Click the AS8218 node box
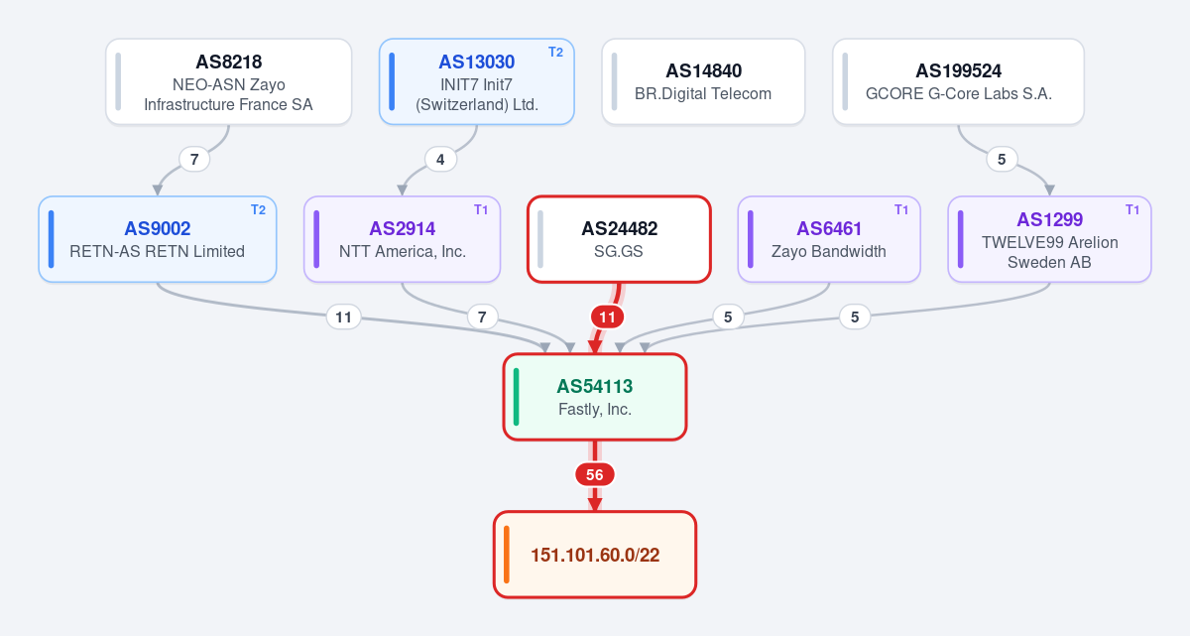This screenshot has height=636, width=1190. coord(228,81)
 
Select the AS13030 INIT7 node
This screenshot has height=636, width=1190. coord(477,81)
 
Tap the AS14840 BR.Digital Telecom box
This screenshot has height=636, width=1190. coord(703,81)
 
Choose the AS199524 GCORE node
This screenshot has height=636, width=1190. coord(958,81)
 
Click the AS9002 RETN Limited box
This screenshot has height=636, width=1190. coord(158,239)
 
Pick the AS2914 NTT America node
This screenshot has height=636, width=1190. coord(403,239)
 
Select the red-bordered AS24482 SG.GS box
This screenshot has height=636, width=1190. coord(619,239)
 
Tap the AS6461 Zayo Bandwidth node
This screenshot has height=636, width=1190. coord(829,239)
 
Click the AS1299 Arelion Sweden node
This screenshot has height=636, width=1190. coord(1049,239)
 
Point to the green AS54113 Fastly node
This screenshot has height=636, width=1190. coord(595,397)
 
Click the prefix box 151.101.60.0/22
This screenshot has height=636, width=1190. coord(595,555)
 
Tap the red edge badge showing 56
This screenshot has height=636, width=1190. coord(595,474)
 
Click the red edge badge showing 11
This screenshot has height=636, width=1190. coord(607,318)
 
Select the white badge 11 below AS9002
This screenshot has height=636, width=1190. coord(344,318)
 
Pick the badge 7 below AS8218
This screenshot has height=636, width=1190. coord(194,160)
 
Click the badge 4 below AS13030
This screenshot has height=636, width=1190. coord(440,160)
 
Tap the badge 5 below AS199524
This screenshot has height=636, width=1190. coord(1002,160)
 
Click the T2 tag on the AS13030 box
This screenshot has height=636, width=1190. coord(555,52)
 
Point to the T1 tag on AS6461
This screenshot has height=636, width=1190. coord(901,210)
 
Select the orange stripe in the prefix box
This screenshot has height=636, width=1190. coord(507,555)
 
